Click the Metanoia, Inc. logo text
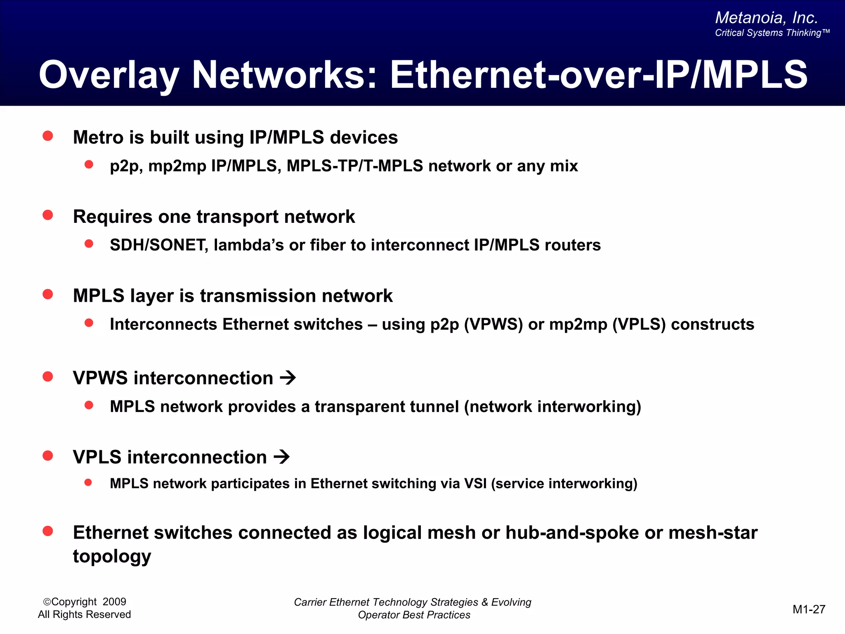coord(766,18)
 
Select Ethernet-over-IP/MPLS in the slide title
coord(598,75)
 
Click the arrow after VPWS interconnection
coord(288,378)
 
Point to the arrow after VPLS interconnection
coord(282,457)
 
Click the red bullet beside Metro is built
coord(48,136)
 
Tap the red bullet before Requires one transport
coord(48,215)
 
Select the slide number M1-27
coord(809,609)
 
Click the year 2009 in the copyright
coord(114,602)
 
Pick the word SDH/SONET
coord(159,245)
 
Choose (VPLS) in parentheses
coord(639,324)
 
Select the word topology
coord(112,556)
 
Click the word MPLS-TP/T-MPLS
coord(355,166)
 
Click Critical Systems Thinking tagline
coord(772,33)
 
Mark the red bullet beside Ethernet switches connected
coord(48,531)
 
